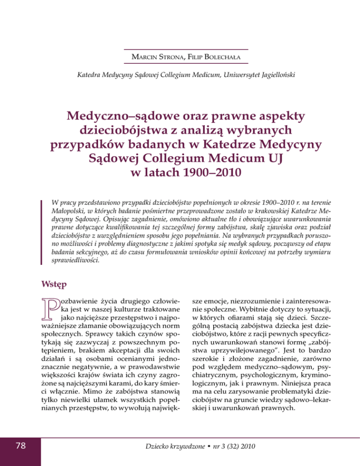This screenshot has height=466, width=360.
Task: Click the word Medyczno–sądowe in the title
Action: pyautogui.click(x=117, y=115)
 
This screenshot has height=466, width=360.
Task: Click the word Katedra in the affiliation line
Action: pyautogui.click(x=90, y=75)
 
